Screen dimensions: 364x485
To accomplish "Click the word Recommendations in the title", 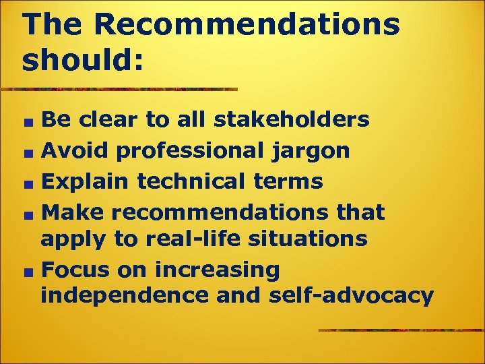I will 247,26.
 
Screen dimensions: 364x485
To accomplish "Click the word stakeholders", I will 292,120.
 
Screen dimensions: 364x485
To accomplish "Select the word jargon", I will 311,151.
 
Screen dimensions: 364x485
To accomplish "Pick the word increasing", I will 216,270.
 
